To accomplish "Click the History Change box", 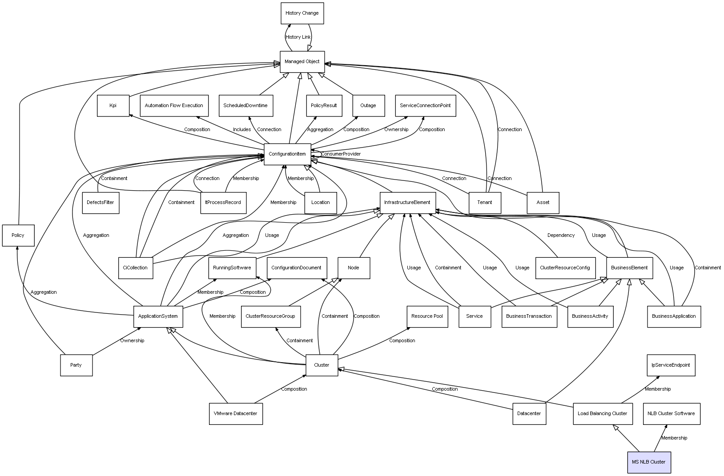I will (x=302, y=13).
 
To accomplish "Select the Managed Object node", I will (x=302, y=62).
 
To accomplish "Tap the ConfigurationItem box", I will (x=287, y=154).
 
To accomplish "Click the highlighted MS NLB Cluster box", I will (x=649, y=462).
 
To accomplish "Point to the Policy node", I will (x=18, y=235).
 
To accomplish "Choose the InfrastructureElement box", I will (x=407, y=203).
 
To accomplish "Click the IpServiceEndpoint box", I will (x=671, y=365).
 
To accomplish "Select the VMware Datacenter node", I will (x=236, y=414).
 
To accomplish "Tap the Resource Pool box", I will (x=427, y=316).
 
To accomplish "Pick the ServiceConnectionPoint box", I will (x=425, y=106).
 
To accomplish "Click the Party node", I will (x=76, y=365).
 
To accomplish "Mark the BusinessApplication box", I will (x=674, y=316).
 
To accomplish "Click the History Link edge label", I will (x=298, y=37).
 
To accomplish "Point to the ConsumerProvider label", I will (x=341, y=154).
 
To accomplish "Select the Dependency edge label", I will (x=561, y=236).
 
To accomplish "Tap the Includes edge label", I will (x=242, y=130).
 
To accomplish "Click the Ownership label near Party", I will (x=132, y=341).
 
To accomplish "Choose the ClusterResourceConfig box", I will (x=565, y=268).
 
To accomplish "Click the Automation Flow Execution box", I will (x=174, y=106).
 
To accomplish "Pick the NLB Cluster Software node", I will (x=671, y=414).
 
